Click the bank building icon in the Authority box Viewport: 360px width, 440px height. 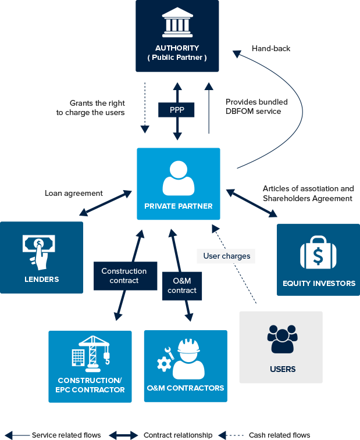click(x=177, y=23)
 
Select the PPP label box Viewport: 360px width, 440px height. click(x=176, y=109)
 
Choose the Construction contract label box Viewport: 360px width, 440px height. click(x=124, y=276)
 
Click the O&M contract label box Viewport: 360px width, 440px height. click(x=182, y=286)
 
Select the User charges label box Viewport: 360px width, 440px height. click(x=226, y=256)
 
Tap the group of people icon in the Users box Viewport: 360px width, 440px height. click(x=281, y=339)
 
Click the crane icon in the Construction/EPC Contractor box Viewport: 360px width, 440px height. click(x=91, y=353)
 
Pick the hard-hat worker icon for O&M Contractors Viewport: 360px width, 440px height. click(x=183, y=359)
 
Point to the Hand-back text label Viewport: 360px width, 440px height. click(x=271, y=49)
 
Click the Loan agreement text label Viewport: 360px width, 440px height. click(x=74, y=194)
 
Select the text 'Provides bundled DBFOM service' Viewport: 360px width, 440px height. click(x=256, y=106)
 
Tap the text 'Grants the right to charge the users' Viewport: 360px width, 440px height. click(x=91, y=108)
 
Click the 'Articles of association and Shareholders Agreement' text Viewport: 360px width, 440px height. click(x=308, y=194)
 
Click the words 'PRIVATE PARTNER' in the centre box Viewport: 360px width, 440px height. click(x=179, y=206)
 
